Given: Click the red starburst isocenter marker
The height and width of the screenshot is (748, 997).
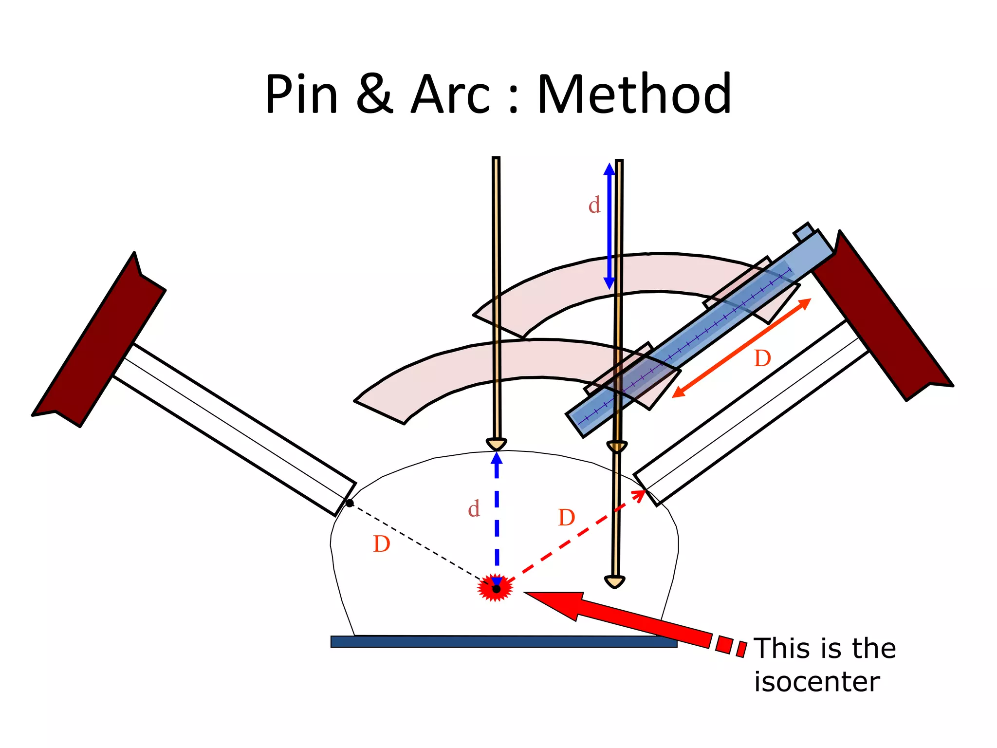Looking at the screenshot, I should tap(496, 589).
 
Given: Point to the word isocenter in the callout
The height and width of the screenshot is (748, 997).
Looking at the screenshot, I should tap(817, 682).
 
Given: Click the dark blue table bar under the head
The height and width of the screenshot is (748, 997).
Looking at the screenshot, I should tap(503, 641).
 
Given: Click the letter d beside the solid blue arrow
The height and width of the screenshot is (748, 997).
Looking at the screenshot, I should tap(594, 205).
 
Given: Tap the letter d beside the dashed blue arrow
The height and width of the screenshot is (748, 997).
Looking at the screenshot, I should tap(474, 509).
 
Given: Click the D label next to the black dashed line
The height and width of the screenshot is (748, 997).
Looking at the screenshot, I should tap(381, 544).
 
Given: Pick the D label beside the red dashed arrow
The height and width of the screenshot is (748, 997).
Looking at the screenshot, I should tap(566, 518).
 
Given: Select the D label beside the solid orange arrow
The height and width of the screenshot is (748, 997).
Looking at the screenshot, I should tap(762, 359).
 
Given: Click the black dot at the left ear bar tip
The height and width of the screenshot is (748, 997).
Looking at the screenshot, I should tap(350, 503).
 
